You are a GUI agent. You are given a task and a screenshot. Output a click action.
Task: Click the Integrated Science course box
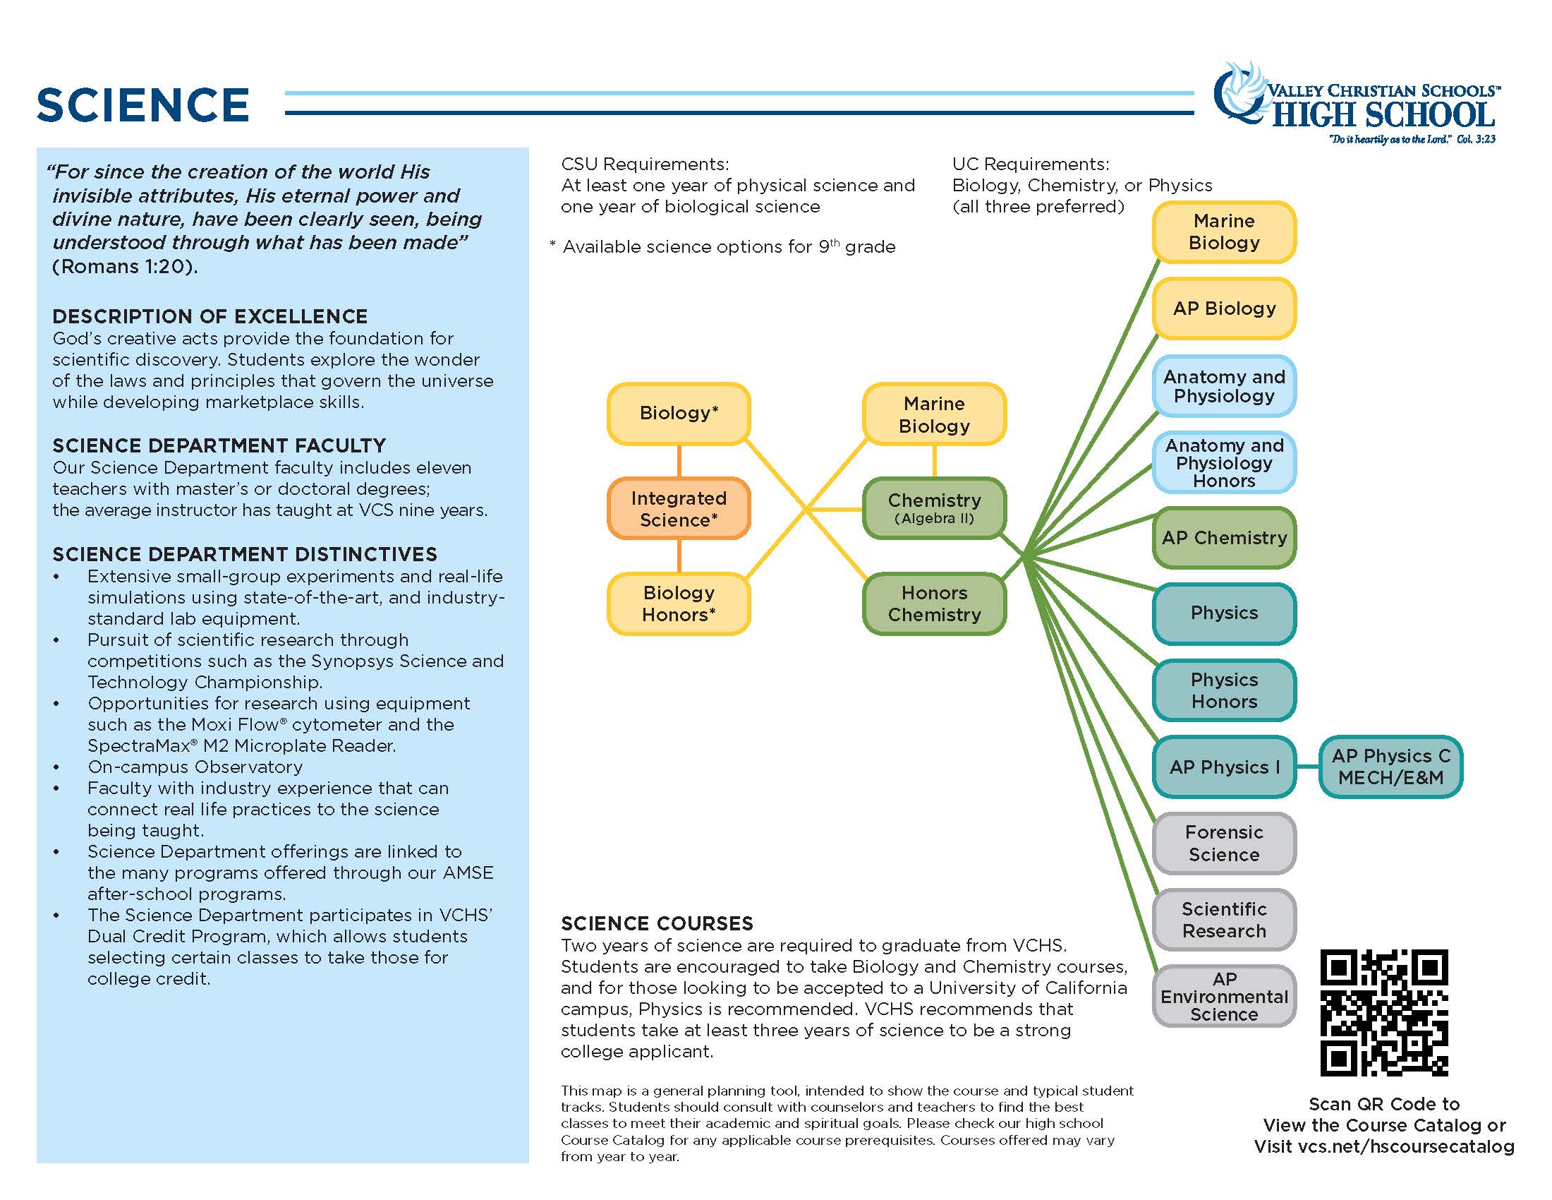(679, 508)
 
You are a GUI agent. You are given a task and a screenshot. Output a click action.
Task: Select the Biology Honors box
(679, 604)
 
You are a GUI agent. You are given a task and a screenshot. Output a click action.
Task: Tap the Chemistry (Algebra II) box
(934, 508)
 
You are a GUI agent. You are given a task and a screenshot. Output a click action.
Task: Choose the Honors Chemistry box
(934, 604)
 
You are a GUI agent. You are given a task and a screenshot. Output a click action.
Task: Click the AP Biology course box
(1224, 308)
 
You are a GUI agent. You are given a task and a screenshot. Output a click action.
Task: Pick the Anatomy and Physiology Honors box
(1224, 463)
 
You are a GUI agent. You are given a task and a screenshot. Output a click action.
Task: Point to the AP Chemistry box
(1224, 538)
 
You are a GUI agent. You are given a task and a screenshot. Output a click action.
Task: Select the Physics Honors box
(1224, 690)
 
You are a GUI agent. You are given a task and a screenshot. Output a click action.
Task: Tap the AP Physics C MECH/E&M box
(1390, 767)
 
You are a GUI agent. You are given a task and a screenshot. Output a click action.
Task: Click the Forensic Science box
(1224, 843)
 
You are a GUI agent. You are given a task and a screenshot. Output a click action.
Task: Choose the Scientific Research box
(1224, 920)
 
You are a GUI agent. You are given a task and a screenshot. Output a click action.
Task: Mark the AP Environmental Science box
(1224, 996)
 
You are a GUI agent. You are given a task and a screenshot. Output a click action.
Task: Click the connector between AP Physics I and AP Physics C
(1307, 767)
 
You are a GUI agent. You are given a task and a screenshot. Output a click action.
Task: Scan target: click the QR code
(1383, 1012)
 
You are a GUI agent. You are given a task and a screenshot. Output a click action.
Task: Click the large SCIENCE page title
(143, 105)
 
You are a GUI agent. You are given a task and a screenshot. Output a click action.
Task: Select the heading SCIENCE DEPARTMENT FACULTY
(219, 445)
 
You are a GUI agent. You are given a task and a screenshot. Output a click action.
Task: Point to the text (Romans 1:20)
(125, 267)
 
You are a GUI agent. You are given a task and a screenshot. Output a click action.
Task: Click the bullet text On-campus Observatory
(195, 767)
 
